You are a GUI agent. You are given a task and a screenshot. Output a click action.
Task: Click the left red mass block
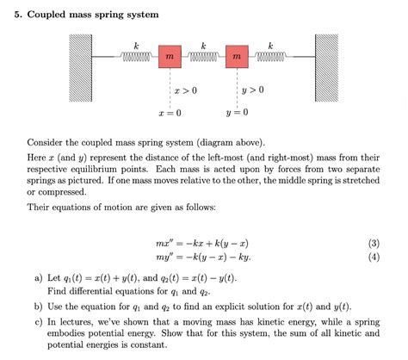click(170, 57)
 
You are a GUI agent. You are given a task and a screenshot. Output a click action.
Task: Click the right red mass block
click(237, 57)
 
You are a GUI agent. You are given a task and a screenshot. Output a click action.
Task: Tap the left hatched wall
click(80, 68)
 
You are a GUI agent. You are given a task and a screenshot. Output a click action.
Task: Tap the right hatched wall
click(326, 68)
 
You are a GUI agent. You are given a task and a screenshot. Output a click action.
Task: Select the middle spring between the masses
click(203, 57)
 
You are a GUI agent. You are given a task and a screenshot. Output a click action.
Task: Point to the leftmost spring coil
click(136, 57)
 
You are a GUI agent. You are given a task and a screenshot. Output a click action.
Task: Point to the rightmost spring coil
click(270, 57)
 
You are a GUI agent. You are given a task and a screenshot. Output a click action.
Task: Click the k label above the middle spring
click(203, 46)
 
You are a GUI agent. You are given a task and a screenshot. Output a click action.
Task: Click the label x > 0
click(186, 90)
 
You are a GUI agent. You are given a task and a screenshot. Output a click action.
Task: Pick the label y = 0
click(237, 112)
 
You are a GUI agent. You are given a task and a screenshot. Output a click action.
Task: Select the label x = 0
click(170, 113)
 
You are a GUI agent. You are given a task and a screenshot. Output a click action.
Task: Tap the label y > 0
click(253, 90)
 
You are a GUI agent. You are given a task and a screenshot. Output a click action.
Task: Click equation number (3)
click(374, 244)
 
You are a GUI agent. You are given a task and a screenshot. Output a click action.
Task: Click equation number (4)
click(374, 257)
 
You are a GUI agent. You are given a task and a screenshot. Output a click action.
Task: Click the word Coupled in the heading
click(46, 15)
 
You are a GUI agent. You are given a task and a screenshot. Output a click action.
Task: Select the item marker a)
click(39, 278)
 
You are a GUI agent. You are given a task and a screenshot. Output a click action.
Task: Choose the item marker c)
click(39, 322)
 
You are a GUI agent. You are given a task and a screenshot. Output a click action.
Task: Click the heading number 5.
click(18, 15)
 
